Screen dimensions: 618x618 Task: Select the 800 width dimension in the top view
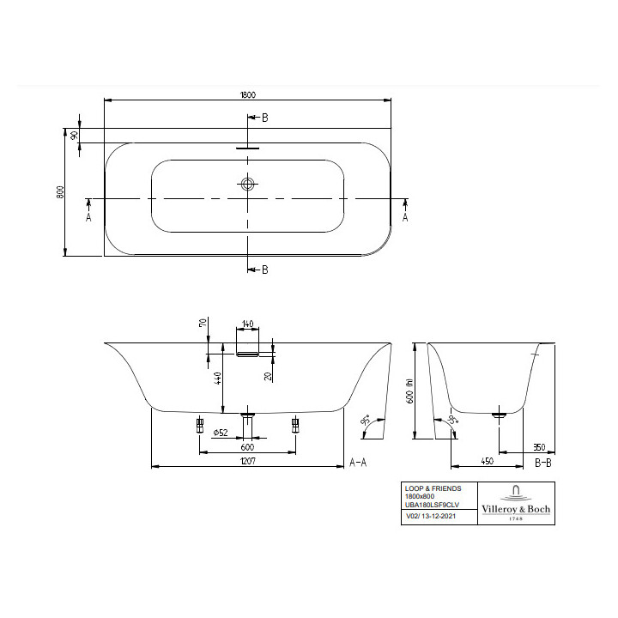click(60, 192)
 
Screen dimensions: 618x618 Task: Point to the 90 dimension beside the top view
click(75, 135)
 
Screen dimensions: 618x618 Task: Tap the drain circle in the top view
click(249, 184)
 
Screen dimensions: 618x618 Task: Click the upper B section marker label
click(264, 118)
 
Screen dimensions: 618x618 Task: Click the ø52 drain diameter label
click(221, 433)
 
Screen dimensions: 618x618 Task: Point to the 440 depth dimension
click(219, 378)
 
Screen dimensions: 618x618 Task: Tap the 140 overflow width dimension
click(248, 324)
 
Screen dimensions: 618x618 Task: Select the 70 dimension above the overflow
click(203, 324)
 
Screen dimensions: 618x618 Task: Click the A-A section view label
click(358, 462)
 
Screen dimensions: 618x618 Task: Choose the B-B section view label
click(542, 462)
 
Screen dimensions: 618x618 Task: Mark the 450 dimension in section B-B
click(486, 461)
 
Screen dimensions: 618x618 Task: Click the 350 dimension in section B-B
click(539, 446)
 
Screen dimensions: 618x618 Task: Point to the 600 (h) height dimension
click(410, 391)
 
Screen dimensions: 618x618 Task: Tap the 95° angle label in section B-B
click(451, 421)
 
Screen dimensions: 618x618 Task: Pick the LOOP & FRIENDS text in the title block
click(433, 488)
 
